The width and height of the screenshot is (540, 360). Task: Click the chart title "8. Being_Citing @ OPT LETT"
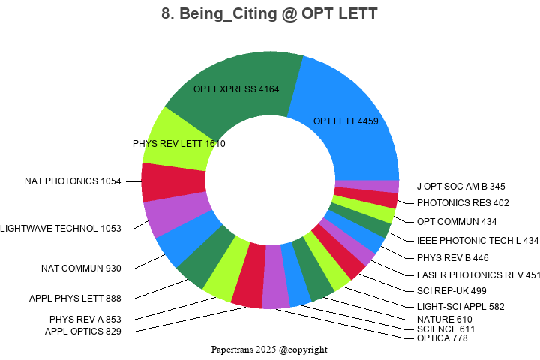[270, 13]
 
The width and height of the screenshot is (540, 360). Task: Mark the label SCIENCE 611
[445, 329]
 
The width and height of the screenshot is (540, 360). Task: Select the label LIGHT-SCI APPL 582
[460, 306]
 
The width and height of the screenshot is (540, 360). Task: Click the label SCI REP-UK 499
[451, 290]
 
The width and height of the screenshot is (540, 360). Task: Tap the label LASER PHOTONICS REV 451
[478, 274]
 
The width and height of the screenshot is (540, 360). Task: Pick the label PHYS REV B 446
[452, 257]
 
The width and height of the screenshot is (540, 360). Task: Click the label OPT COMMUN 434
[457, 221]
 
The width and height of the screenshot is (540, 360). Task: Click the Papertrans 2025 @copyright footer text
[269, 349]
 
